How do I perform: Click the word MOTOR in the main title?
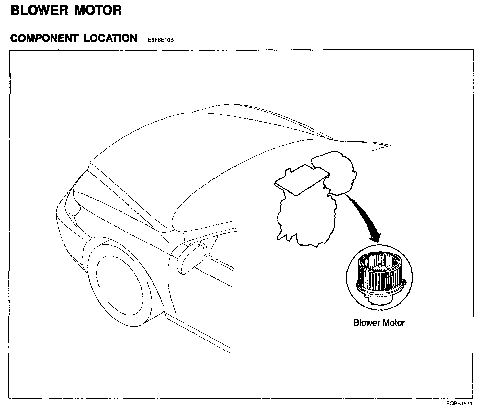click(x=98, y=10)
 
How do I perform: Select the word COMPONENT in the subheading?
click(x=44, y=38)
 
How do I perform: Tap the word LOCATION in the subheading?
click(x=110, y=38)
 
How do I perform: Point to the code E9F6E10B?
click(x=161, y=40)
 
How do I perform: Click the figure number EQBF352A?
click(x=459, y=404)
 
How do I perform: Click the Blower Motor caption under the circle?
click(x=379, y=323)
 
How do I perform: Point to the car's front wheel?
click(x=120, y=285)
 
